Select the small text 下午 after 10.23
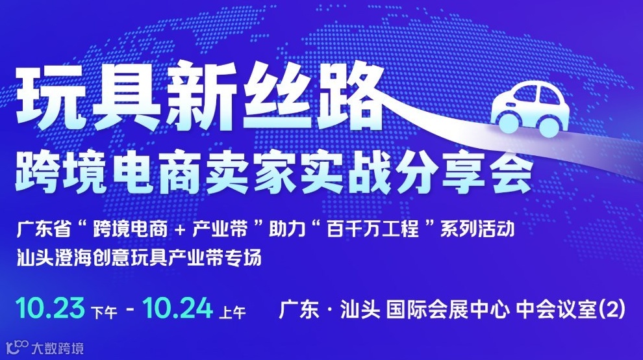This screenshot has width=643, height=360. click(105, 313)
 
